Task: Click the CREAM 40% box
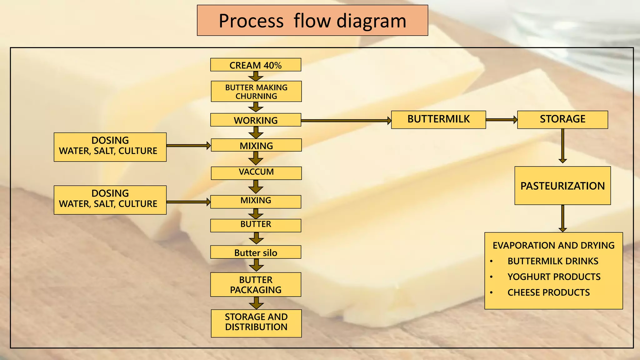[256, 65]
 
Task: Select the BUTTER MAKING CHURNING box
[256, 92]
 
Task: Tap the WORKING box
[256, 120]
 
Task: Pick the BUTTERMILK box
[438, 119]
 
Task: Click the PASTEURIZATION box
[562, 186]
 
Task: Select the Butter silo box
[256, 252]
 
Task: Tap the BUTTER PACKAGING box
[256, 284]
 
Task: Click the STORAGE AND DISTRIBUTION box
[256, 323]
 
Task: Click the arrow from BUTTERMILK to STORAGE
[501, 120]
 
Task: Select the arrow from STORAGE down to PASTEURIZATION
[562, 146]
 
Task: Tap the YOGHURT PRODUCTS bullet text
[554, 277]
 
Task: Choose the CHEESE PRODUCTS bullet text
[548, 292]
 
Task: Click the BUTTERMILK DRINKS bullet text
[553, 261]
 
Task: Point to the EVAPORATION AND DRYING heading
[553, 246]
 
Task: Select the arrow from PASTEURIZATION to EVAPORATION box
[562, 218]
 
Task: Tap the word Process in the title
[251, 21]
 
